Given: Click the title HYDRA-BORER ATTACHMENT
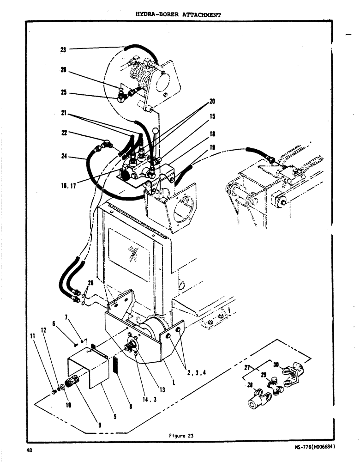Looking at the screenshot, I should coord(178,14).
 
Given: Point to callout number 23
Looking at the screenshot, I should coord(63,49).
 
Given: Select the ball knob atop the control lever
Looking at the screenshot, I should coord(156,131).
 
